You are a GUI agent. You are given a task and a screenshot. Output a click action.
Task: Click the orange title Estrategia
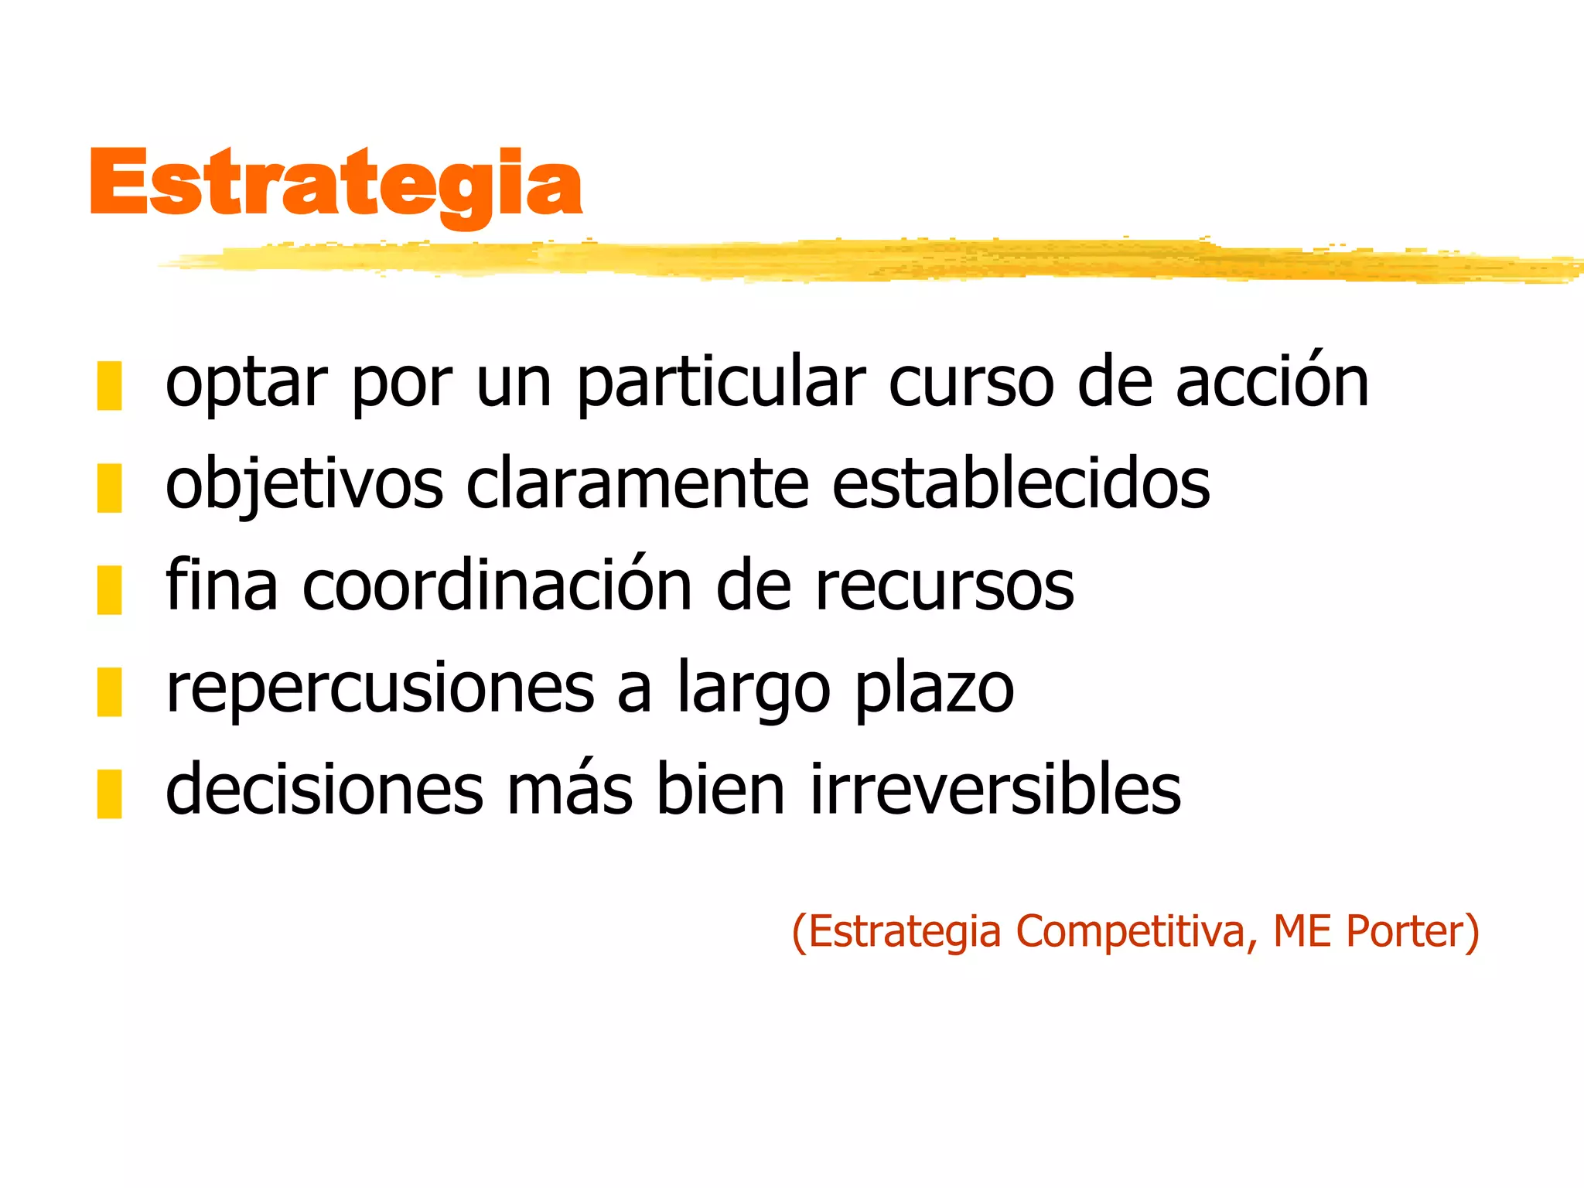coord(336,183)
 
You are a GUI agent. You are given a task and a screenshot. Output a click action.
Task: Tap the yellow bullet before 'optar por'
coord(109,385)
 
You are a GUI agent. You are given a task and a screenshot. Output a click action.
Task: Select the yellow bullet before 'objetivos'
coord(109,487)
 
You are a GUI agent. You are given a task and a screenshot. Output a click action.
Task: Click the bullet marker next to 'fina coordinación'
coord(109,589)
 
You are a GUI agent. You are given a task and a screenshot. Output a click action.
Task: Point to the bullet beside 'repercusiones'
coord(109,691)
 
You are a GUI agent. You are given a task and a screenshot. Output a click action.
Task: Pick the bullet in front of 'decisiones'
coord(109,794)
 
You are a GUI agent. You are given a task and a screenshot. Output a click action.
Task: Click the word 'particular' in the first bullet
coord(721,383)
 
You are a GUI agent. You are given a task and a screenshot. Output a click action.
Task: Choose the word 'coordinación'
coord(497,585)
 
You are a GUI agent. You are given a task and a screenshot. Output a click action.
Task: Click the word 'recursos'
coord(944,587)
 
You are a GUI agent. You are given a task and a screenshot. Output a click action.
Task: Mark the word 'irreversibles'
coord(995,790)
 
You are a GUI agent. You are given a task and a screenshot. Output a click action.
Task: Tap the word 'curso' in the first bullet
coord(971,383)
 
